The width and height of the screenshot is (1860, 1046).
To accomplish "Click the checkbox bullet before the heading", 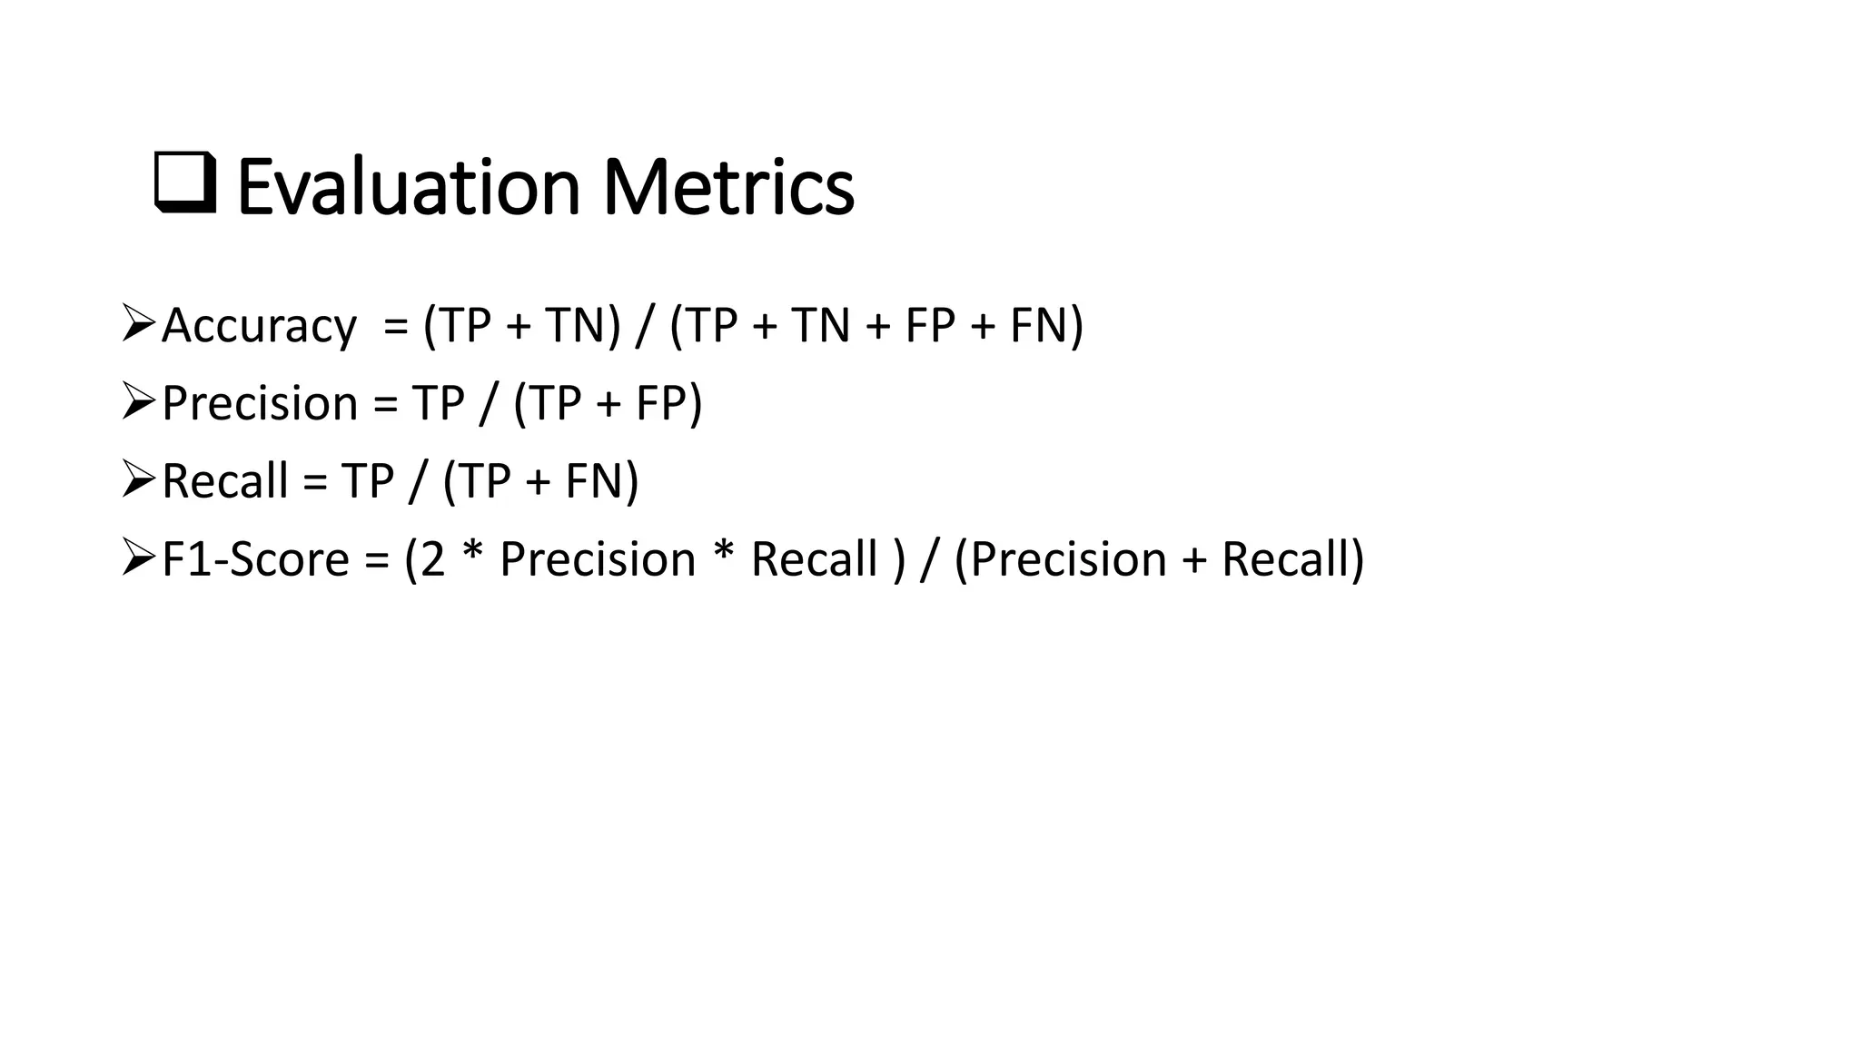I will pyautogui.click(x=186, y=183).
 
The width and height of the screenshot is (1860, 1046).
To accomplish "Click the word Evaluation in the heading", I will pyautogui.click(x=408, y=187).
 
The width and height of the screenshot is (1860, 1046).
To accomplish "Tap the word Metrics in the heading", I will pyautogui.click(x=727, y=187).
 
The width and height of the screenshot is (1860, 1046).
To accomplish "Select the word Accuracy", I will pyautogui.click(x=259, y=326).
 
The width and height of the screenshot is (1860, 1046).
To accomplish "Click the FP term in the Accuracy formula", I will pyautogui.click(x=930, y=325).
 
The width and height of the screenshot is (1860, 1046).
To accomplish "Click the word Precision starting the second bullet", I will pyautogui.click(x=260, y=403).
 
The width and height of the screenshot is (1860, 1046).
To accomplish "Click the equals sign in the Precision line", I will pyautogui.click(x=386, y=405).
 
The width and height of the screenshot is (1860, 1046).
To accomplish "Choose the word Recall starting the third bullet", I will pyautogui.click(x=224, y=481).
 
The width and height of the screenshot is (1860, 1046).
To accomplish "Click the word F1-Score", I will pyautogui.click(x=255, y=559).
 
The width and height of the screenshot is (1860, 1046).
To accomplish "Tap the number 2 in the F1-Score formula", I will pyautogui.click(x=432, y=559).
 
